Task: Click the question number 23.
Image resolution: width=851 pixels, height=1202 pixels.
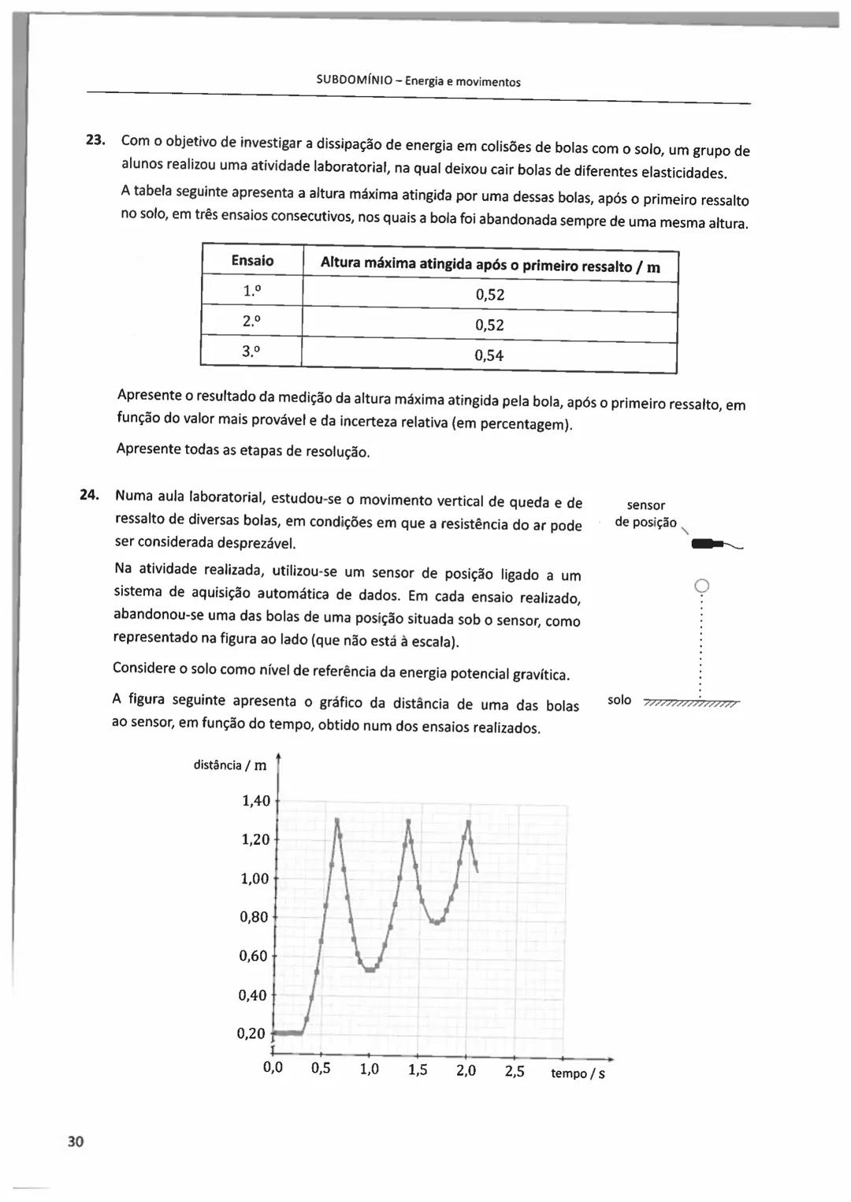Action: (x=95, y=140)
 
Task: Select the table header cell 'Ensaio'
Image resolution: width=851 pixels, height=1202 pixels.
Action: (x=252, y=261)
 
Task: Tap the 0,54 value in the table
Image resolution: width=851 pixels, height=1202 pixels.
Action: (x=489, y=355)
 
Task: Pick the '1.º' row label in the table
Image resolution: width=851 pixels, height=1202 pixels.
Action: (x=251, y=291)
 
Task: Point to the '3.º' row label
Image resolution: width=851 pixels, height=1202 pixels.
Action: (x=251, y=352)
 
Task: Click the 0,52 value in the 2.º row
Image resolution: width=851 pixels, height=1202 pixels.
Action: (x=489, y=325)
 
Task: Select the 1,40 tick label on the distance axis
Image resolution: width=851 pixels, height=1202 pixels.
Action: (x=255, y=801)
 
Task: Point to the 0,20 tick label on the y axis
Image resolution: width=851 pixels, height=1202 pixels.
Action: (x=251, y=1033)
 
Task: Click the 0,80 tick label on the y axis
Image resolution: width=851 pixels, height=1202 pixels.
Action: (x=254, y=917)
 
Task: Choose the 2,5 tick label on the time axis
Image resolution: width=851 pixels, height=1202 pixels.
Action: (x=515, y=1071)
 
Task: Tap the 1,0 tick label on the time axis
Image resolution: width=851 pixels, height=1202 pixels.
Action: (x=369, y=1070)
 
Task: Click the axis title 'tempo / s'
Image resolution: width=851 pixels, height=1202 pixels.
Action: (x=578, y=1074)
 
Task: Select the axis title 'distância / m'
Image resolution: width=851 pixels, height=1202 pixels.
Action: (x=230, y=765)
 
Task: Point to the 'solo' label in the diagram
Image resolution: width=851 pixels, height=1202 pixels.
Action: (x=619, y=700)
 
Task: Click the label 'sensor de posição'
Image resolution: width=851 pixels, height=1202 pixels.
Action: (x=645, y=513)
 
